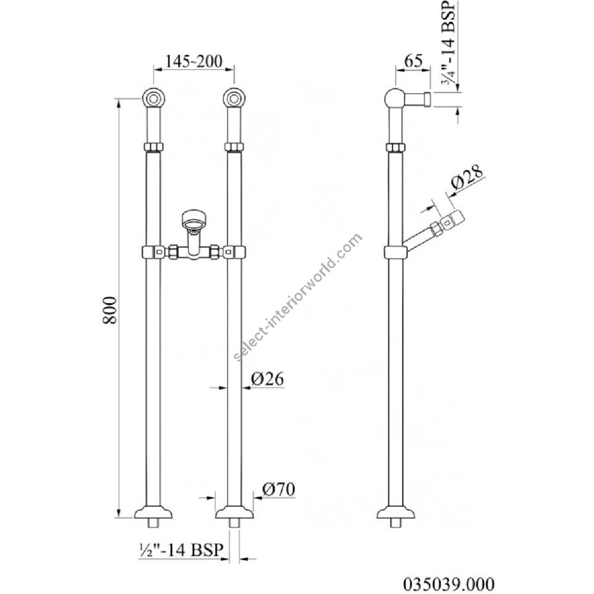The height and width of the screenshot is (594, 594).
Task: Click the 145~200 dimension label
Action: pos(193,61)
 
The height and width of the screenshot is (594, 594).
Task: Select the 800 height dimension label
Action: pos(110,310)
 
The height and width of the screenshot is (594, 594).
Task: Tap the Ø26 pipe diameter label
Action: pos(267,378)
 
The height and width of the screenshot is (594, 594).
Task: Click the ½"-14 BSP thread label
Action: pos(180,549)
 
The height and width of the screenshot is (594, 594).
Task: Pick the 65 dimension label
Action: pos(413,61)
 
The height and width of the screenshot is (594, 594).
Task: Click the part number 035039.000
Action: pos(449,583)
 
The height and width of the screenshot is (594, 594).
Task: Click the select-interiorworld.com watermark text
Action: pos(298,297)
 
